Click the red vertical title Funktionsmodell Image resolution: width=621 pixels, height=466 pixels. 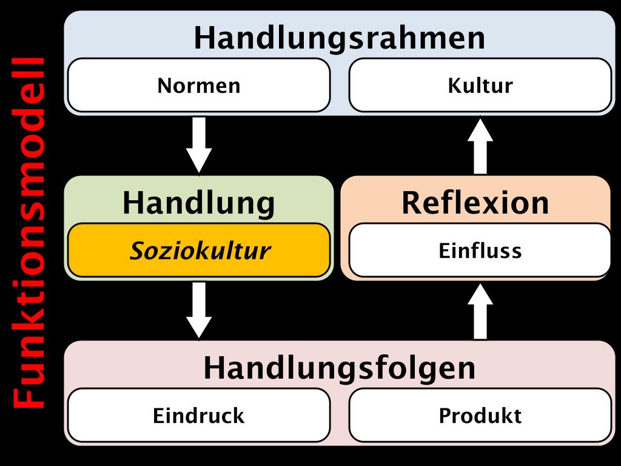29,233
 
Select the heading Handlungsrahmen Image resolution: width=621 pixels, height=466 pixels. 340,38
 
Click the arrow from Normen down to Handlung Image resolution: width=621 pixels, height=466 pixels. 199,144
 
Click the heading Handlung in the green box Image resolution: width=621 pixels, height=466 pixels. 199,203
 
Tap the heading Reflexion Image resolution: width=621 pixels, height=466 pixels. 475,203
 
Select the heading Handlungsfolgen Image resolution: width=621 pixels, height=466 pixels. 340,368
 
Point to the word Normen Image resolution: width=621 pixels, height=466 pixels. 199,86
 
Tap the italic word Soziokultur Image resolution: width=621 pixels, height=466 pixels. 200,250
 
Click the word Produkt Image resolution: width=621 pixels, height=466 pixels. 480,416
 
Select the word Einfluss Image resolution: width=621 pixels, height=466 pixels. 480,250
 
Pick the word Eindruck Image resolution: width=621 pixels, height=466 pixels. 199,416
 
